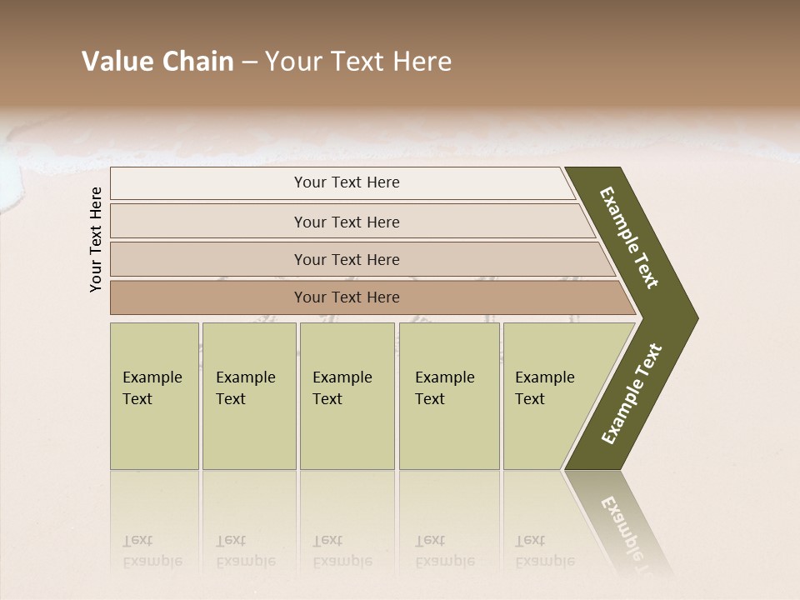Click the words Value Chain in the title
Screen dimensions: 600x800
coord(157,62)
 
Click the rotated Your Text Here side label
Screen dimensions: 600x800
coord(96,239)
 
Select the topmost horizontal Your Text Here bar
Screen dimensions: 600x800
coord(342,183)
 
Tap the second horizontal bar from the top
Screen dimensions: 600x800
coord(350,222)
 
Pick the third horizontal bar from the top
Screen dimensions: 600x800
coord(358,259)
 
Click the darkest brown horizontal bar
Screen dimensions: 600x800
coord(367,297)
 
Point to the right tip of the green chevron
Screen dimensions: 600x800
coord(693,317)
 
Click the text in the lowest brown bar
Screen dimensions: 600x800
coord(347,297)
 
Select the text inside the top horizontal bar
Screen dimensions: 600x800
coord(347,182)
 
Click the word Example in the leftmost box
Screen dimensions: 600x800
coord(152,377)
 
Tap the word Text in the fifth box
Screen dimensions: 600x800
coord(530,399)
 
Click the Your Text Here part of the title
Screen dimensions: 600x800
coord(358,62)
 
